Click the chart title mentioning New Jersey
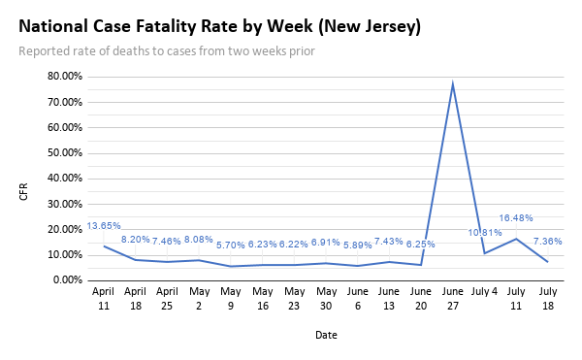[219, 27]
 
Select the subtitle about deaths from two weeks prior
[166, 50]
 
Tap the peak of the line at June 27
[452, 84]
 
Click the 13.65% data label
[104, 226]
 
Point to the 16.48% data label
[516, 218]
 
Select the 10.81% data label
[485, 233]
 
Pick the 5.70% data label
[231, 245]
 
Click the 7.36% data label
[547, 241]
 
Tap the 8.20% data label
[136, 239]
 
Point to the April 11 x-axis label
[104, 298]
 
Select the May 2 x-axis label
[199, 298]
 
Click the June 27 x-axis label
[452, 298]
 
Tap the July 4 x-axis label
[484, 291]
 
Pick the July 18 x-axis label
[547, 298]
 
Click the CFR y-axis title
[23, 191]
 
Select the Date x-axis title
[326, 335]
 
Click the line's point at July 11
[516, 239]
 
